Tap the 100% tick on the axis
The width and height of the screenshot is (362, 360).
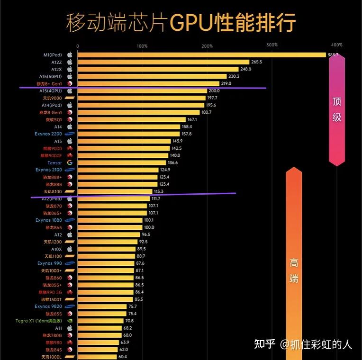coord(142,46)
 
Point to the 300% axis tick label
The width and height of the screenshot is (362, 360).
coord(271,45)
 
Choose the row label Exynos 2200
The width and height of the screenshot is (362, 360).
coord(48,134)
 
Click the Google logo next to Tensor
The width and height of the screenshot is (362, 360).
coord(70,163)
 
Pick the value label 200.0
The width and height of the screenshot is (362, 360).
coord(214,91)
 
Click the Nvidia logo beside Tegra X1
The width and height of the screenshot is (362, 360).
coord(70,321)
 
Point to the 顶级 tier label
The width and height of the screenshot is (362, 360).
coord(337,109)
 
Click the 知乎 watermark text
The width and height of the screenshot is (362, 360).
coord(265,344)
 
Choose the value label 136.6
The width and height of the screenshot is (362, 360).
coord(172,163)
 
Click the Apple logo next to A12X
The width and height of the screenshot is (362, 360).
coord(70,69)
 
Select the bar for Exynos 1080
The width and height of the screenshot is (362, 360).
coord(109,220)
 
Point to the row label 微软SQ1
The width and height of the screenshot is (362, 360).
coord(54,120)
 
